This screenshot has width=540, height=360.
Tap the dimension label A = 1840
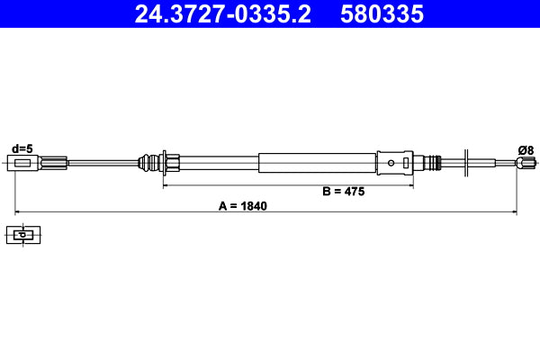click(x=243, y=205)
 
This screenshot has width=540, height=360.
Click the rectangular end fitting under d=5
click(x=26, y=163)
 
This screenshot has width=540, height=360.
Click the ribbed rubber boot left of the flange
click(x=146, y=163)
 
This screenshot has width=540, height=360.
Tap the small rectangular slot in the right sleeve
click(x=408, y=163)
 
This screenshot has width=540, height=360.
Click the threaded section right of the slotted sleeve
click(x=436, y=163)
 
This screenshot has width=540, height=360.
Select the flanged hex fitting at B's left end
click(x=167, y=163)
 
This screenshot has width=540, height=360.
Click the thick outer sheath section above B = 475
click(x=315, y=163)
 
